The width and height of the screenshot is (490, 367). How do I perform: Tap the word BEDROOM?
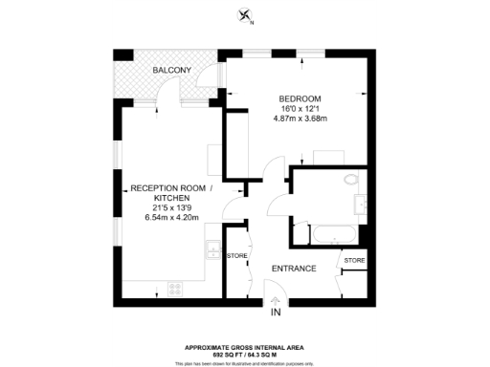pyautogui.click(x=299, y=99)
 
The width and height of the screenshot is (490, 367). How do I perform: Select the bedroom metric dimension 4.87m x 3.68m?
pyautogui.click(x=299, y=119)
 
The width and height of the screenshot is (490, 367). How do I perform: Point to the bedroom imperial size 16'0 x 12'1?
pyautogui.click(x=299, y=109)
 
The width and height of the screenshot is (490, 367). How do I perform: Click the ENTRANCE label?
pyautogui.click(x=294, y=269)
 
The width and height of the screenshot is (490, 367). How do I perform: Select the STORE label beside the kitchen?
pyautogui.click(x=236, y=255)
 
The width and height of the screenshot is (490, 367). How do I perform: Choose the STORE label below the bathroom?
pyautogui.click(x=353, y=260)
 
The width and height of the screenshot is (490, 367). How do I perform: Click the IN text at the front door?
pyautogui.click(x=275, y=313)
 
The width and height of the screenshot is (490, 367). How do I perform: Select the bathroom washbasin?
pyautogui.click(x=362, y=205)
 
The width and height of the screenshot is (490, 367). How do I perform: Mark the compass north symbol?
pyautogui.click(x=247, y=14)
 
